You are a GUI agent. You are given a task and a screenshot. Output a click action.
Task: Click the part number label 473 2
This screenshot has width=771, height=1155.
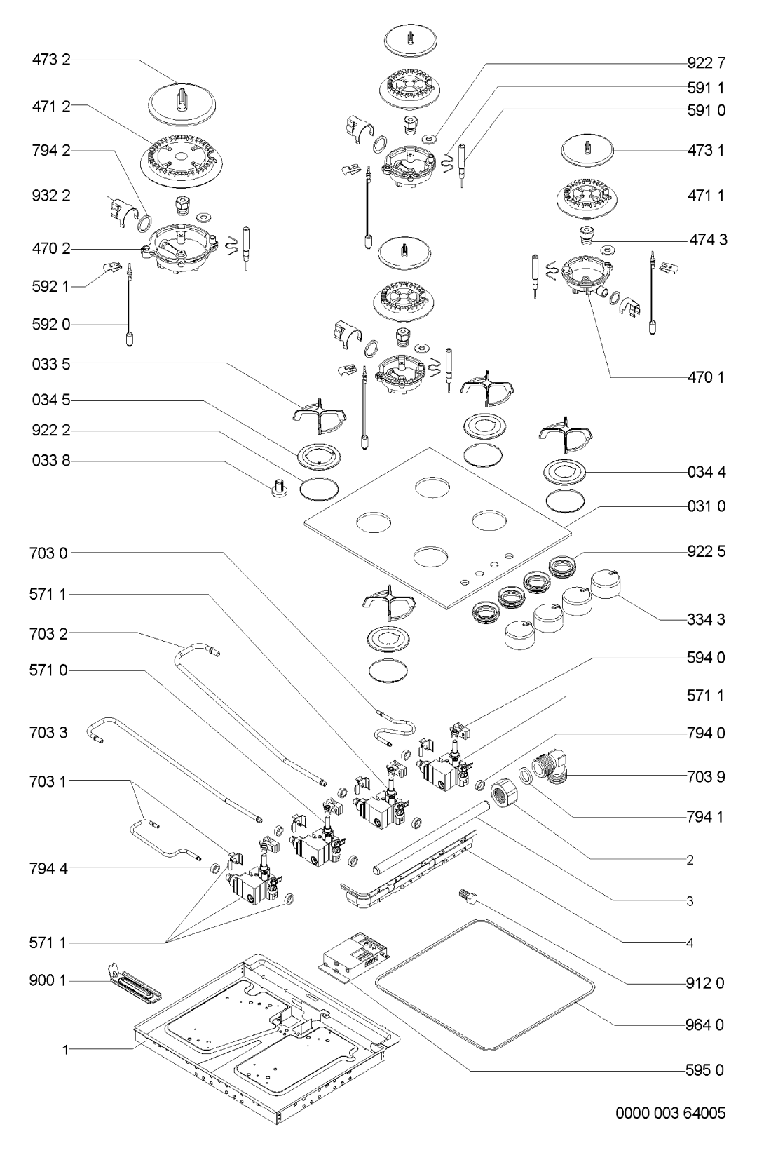51,62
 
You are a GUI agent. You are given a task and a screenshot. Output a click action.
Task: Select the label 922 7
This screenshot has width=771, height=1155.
706,63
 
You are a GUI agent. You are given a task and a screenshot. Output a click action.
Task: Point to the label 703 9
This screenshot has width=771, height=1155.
706,777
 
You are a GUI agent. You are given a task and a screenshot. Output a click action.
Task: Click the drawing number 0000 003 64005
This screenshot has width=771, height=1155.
670,1112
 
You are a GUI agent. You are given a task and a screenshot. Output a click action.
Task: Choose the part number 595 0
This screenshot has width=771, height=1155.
706,1070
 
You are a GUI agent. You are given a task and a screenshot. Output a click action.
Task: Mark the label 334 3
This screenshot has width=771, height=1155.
706,620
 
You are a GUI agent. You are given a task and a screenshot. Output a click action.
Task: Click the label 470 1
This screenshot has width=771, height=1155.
706,377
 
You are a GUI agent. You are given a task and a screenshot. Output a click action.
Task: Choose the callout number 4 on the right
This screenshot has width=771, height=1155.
690,943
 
